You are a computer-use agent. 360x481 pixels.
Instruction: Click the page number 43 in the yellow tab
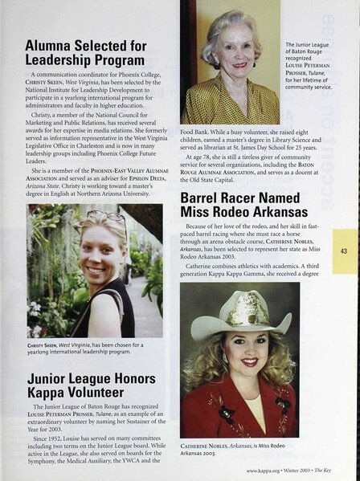tap(343, 250)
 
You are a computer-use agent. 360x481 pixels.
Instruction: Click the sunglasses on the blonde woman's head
tap(106, 217)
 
